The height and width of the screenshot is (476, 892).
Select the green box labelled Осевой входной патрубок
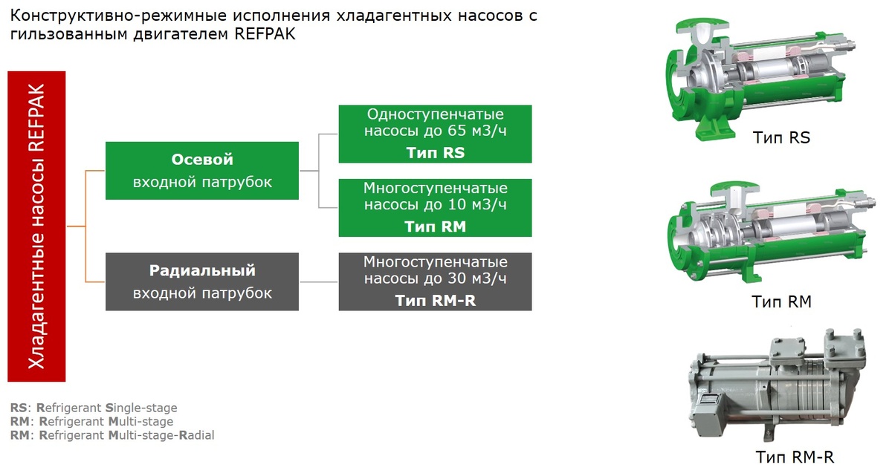coord(202,171)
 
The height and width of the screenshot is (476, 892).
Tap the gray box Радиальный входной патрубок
coord(202,281)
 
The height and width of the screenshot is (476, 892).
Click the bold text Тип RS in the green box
coord(435,153)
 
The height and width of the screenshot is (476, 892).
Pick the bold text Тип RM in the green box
coord(435,226)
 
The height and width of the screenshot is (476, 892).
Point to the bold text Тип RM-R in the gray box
coord(435,300)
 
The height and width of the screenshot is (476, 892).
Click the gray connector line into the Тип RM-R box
coord(318,281)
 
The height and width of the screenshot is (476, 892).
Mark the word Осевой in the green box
coord(202,160)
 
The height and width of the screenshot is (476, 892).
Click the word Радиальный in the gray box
coord(202,270)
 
